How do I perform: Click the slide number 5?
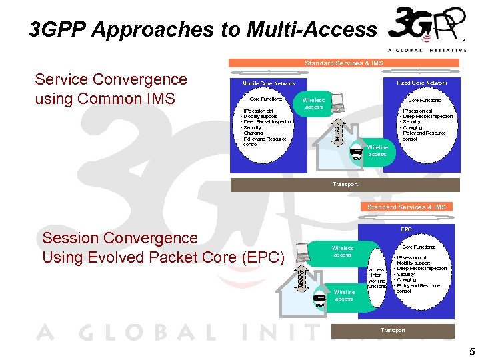click(471, 351)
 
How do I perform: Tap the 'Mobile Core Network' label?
click(268, 83)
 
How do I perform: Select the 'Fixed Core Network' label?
click(422, 83)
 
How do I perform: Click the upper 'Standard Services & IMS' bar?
click(344, 63)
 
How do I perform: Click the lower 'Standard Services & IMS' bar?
click(407, 207)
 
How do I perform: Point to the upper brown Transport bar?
click(345, 184)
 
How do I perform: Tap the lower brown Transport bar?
click(393, 330)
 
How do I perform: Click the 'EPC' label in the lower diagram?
click(406, 229)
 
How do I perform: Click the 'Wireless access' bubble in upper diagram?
click(313, 103)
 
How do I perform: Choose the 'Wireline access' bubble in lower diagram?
click(344, 295)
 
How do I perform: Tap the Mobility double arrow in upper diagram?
click(339, 127)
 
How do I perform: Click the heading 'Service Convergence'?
click(111, 79)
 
